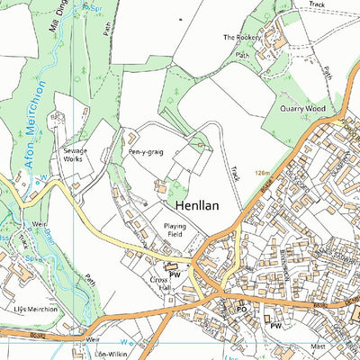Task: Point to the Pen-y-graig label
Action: [x=146, y=153]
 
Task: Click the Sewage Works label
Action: [x=76, y=156]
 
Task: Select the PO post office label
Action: [x=241, y=308]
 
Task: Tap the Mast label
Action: [x=316, y=345]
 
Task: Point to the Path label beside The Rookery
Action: [x=242, y=55]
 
